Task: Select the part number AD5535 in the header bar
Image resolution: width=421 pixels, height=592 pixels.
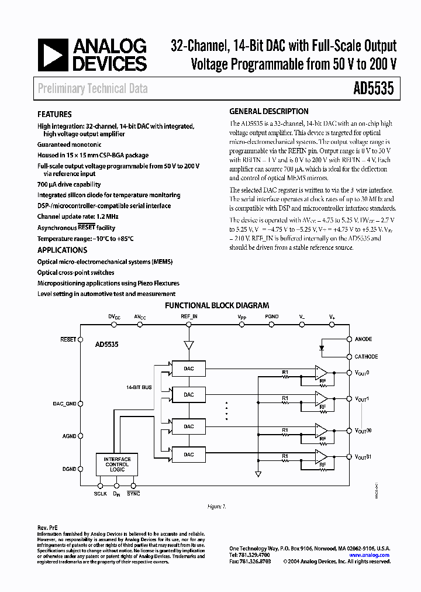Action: point(374,88)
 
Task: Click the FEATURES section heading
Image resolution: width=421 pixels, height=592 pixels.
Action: point(54,115)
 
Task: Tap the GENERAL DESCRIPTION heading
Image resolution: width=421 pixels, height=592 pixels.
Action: point(268,111)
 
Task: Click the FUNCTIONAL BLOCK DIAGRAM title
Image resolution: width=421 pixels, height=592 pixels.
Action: point(217,305)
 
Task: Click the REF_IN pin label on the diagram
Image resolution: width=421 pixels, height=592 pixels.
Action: point(188,316)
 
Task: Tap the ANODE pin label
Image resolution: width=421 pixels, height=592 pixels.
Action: point(363,339)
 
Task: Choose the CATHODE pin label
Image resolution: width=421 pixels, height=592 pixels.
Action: point(366,356)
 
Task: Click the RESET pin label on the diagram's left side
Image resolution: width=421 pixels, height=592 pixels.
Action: point(68,339)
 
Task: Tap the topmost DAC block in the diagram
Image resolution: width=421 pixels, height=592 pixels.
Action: point(188,369)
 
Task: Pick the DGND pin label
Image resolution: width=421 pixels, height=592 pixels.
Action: point(70,469)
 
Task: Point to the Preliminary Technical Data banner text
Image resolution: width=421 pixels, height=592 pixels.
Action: point(92,89)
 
